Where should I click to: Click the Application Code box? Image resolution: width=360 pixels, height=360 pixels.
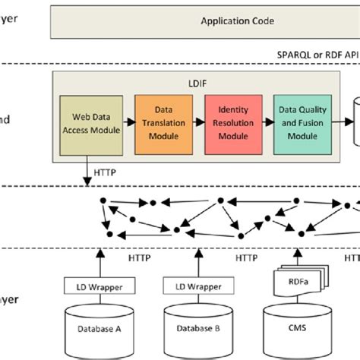pyautogui.click(x=204, y=21)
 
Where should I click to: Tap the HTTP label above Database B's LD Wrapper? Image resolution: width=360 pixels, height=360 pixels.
pyautogui.click(x=246, y=258)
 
